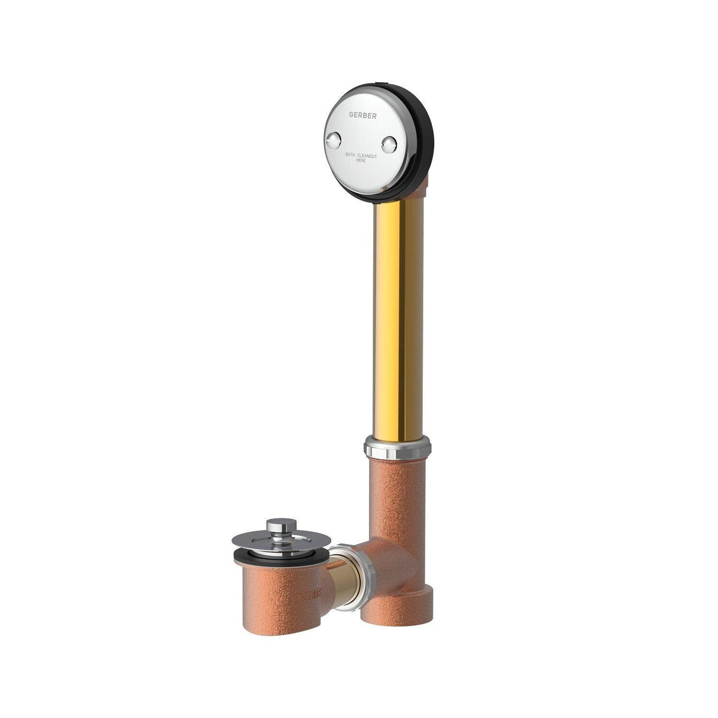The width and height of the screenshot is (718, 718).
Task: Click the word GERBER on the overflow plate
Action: click(361, 116)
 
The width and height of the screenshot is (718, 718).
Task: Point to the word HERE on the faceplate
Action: click(361, 161)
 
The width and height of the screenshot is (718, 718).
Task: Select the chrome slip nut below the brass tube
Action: click(397, 450)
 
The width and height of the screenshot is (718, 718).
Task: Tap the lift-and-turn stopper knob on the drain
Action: click(277, 526)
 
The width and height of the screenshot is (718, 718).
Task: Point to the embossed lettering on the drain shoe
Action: click(316, 591)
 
